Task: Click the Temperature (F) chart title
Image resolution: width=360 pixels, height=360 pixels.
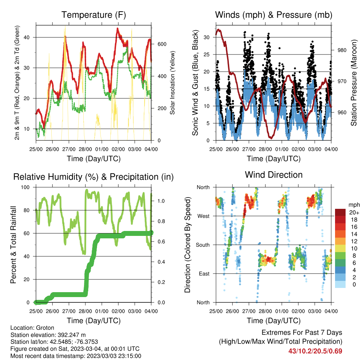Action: click(x=94, y=15)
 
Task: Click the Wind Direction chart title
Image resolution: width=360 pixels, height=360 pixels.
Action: click(x=274, y=175)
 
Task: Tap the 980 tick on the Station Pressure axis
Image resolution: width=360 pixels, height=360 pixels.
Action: click(x=342, y=50)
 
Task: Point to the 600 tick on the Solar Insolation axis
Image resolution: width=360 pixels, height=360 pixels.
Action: click(x=162, y=44)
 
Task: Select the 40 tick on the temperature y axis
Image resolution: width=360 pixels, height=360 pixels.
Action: click(x=27, y=37)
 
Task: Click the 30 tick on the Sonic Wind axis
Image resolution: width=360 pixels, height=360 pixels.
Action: click(x=207, y=37)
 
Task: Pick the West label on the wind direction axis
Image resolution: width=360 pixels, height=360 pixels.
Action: click(x=204, y=216)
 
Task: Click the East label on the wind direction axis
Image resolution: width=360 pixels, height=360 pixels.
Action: click(x=204, y=274)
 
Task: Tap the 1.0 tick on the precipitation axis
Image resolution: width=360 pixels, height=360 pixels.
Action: click(x=161, y=201)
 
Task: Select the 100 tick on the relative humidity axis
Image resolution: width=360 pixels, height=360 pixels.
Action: click(x=25, y=187)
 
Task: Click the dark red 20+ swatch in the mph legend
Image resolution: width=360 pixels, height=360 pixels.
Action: click(x=340, y=212)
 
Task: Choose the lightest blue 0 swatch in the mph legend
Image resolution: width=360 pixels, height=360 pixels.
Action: click(x=340, y=284)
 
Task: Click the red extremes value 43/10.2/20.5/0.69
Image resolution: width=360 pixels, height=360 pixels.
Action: click(x=315, y=351)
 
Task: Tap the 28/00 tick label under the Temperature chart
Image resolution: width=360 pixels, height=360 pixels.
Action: click(x=85, y=149)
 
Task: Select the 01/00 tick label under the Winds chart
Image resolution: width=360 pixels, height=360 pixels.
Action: click(x=282, y=149)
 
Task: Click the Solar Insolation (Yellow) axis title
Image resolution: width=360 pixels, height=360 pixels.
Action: click(x=172, y=83)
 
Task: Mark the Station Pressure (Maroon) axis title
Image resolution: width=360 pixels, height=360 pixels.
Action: click(x=354, y=83)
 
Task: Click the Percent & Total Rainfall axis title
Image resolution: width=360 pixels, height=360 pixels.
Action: click(x=13, y=245)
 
